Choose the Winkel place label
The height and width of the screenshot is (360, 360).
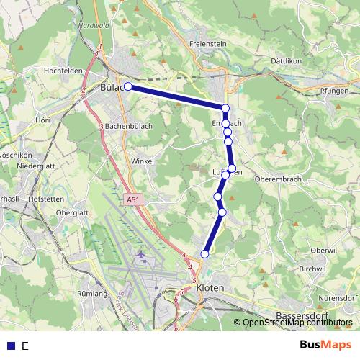pos(143,161)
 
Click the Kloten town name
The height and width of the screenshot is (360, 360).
pos(210,287)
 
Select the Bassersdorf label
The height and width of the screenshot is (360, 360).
pos(302,316)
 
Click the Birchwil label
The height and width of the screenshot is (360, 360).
pos(313,268)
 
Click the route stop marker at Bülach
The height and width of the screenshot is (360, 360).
pos(128,86)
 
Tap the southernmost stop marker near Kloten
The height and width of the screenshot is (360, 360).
pos(205,253)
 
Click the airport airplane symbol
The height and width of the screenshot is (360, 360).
pos(140,255)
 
